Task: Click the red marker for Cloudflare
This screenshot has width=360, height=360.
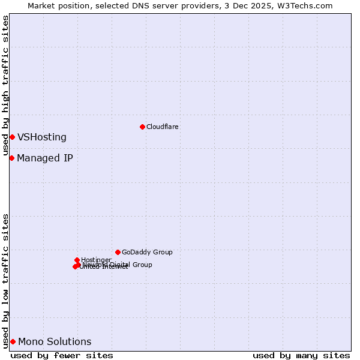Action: tap(142, 127)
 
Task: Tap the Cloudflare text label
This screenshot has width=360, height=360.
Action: tap(162, 127)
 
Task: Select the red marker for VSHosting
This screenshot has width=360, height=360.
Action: tap(12, 137)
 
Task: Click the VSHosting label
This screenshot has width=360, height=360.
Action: tap(41, 137)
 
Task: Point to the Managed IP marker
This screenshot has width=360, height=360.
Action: tap(11, 158)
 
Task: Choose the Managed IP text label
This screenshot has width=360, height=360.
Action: tap(45, 158)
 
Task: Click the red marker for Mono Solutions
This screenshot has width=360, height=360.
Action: tap(13, 341)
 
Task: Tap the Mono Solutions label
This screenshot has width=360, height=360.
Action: tap(55, 342)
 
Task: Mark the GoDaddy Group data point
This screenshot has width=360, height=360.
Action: tap(118, 252)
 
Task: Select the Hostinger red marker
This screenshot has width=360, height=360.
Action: tap(77, 260)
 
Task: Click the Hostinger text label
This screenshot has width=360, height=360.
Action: tap(96, 260)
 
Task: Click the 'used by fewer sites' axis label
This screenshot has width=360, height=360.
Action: tap(62, 355)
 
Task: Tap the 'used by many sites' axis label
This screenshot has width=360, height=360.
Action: tap(301, 355)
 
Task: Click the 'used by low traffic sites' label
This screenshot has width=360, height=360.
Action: tap(5, 280)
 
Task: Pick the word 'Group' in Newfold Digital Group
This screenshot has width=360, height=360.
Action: tap(142, 265)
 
